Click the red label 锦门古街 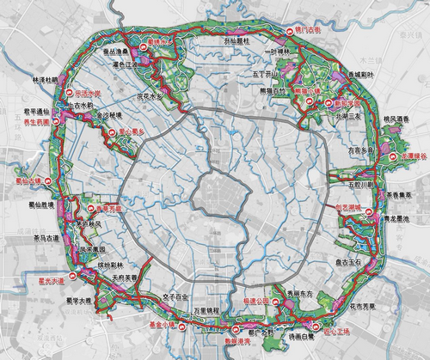click(x=307, y=30)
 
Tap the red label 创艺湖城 click(x=384, y=208)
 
